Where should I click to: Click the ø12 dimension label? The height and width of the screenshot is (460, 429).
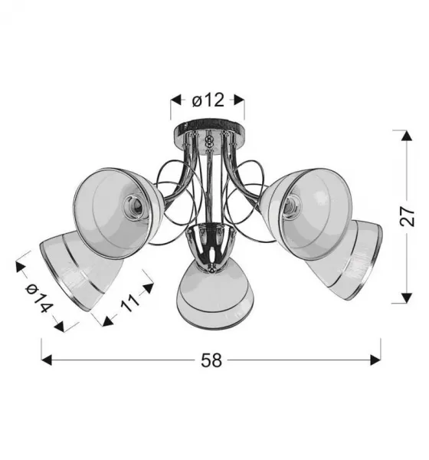(x=208, y=100)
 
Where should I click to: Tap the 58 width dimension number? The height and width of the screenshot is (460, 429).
(x=211, y=360)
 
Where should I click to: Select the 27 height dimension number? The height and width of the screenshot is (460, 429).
(x=407, y=216)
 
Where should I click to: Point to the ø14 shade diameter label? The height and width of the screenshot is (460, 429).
(x=39, y=298)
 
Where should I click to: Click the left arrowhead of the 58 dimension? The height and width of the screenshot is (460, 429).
(x=47, y=360)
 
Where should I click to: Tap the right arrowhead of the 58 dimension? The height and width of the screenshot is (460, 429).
(x=375, y=360)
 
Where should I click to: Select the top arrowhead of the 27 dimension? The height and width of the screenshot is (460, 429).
(x=407, y=136)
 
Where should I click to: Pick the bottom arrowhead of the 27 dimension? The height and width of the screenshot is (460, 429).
(x=407, y=297)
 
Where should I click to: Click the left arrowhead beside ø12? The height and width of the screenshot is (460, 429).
(x=176, y=100)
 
